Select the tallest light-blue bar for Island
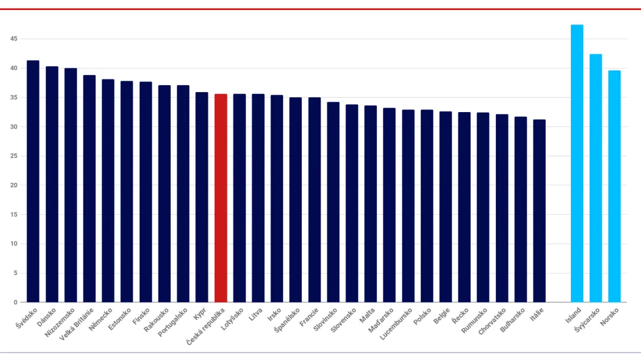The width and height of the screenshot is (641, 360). [577, 163]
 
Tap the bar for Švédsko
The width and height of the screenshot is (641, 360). [33, 182]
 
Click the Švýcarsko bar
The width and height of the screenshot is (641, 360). [595, 178]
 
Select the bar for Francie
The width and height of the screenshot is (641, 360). [314, 200]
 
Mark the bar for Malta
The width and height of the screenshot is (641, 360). [371, 204]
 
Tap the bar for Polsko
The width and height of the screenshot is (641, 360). [427, 206]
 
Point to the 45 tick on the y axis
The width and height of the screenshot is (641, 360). [13, 39]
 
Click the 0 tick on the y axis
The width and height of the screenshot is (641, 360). [15, 302]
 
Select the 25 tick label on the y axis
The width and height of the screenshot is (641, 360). [13, 156]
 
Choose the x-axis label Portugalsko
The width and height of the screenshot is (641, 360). [173, 322]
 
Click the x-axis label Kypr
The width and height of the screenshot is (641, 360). [200, 312]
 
